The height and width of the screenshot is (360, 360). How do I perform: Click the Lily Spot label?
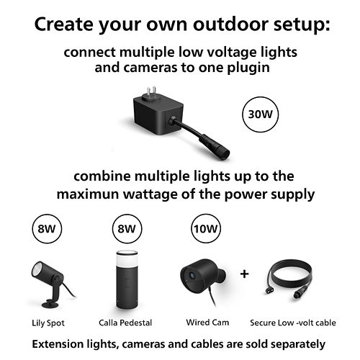[x=48, y=323]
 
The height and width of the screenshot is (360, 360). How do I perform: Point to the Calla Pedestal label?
[x=125, y=323]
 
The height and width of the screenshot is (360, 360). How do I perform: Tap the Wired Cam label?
[x=207, y=322]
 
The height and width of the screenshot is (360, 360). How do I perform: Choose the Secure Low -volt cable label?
[x=293, y=323]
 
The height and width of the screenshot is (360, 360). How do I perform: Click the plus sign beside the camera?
[x=244, y=274]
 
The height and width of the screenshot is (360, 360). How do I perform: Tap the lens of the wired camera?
[x=192, y=275]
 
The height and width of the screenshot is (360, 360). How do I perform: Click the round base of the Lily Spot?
[x=50, y=305]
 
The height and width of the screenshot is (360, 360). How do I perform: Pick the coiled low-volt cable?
[x=289, y=279]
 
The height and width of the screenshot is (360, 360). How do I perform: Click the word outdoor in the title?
[x=230, y=24]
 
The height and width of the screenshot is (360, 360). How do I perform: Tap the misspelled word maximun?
[x=88, y=194]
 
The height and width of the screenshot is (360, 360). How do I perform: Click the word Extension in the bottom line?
[x=58, y=343]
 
